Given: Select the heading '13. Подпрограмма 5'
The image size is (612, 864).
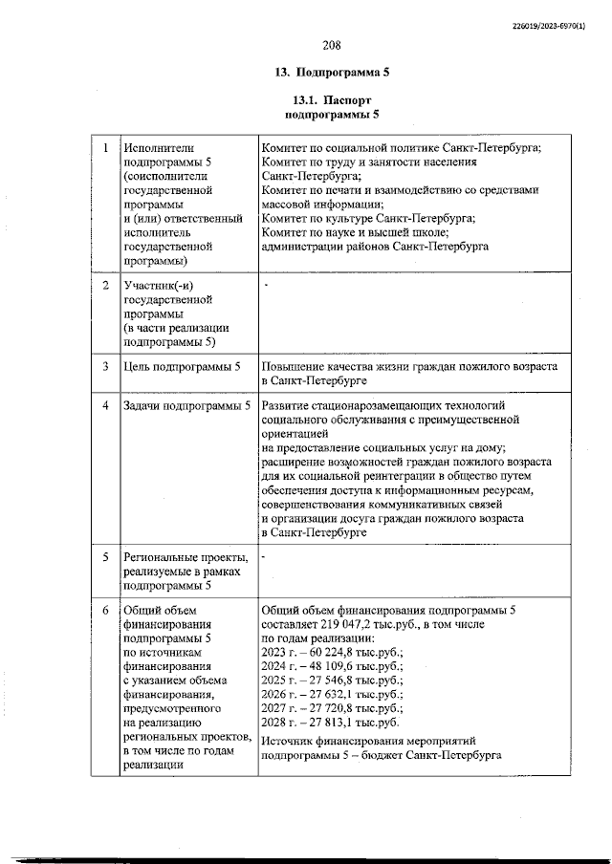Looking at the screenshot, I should click(x=332, y=73).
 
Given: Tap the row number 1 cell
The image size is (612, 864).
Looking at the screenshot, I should click(x=105, y=148).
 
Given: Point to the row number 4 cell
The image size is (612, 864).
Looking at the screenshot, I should click(x=105, y=406).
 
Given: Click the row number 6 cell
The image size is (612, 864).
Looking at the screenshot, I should click(x=105, y=610).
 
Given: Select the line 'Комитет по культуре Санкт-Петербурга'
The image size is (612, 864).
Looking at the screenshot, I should click(x=367, y=217).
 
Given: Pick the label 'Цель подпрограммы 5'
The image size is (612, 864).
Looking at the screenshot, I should click(x=183, y=367).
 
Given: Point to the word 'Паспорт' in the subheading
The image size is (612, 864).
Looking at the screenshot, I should click(x=347, y=100).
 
